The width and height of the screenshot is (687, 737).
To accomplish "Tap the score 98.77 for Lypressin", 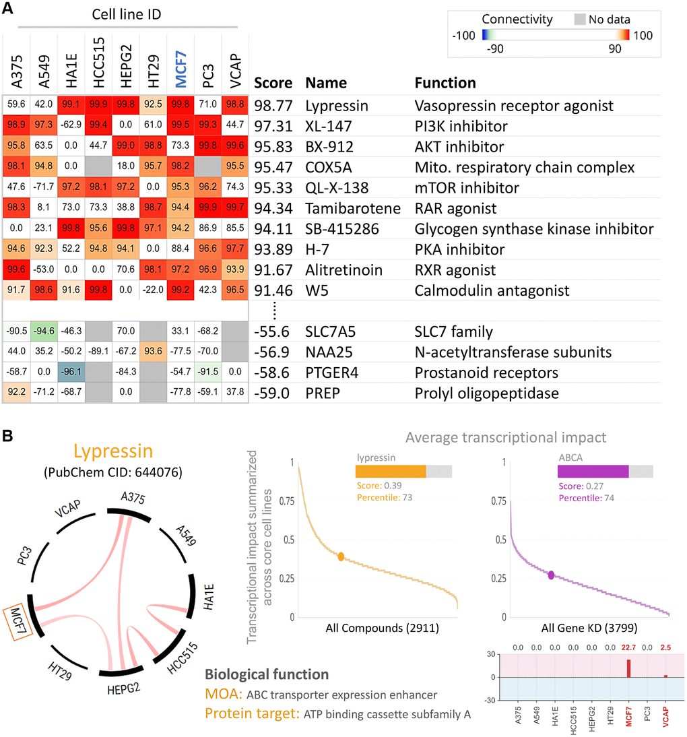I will (x=273, y=105).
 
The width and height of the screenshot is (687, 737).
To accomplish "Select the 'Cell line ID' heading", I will (x=123, y=15).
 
